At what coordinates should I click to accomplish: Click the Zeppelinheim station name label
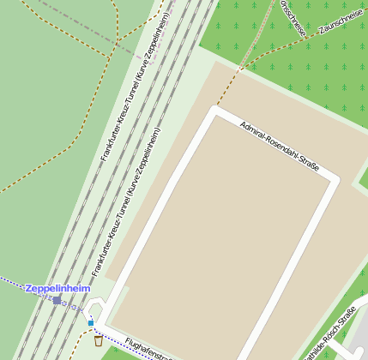point(57,289)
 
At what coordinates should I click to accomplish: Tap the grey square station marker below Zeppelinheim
point(57,301)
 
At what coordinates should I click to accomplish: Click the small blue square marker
point(91,323)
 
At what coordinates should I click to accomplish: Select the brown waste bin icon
point(99,340)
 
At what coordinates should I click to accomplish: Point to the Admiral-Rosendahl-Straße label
point(280,145)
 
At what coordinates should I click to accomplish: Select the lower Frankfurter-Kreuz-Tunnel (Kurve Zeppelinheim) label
point(126,202)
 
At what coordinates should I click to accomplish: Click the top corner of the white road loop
point(215,111)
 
